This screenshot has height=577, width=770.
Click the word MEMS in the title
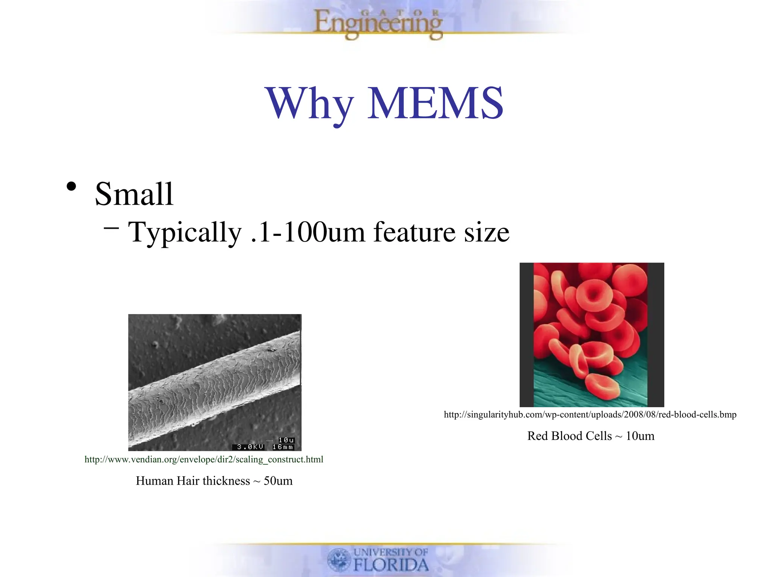coord(435,103)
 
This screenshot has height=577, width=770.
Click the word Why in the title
coord(309,104)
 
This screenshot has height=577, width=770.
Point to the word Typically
coord(185,233)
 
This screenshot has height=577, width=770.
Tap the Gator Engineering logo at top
coord(378,23)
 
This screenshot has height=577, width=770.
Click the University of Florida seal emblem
coord(339,559)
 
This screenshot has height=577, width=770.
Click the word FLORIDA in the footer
coord(391,565)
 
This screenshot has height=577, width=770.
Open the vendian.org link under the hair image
coord(204,459)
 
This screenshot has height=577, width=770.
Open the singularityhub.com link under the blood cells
coord(590,414)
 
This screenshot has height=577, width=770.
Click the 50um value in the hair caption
coord(278,481)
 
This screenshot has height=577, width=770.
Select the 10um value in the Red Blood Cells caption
coord(640,436)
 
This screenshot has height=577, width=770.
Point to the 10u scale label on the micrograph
coord(286,440)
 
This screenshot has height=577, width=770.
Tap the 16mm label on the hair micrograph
coord(283,447)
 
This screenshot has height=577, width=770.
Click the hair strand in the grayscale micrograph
coord(214,387)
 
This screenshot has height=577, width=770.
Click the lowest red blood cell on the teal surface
coord(602,387)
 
